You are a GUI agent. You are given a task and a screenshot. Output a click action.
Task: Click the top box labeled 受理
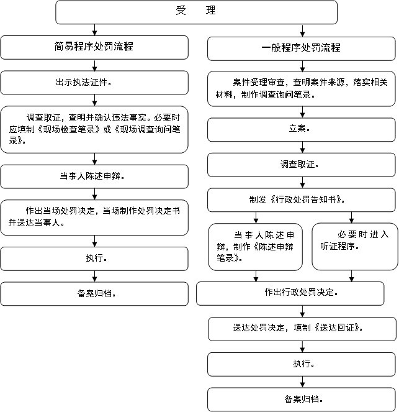point(196,12)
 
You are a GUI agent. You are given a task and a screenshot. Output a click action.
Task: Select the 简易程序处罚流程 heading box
point(94,48)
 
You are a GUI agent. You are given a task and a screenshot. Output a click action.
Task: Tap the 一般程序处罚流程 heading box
point(302,48)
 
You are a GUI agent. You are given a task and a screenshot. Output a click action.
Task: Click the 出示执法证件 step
point(94,83)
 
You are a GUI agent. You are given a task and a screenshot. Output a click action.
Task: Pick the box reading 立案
point(302,130)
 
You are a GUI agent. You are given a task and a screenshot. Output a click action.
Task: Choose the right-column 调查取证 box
point(302,165)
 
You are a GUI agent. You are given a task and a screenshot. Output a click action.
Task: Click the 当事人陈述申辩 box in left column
point(94,176)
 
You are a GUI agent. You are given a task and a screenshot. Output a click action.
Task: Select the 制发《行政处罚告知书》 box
point(302,200)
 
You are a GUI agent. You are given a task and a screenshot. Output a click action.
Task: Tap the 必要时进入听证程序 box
point(355,247)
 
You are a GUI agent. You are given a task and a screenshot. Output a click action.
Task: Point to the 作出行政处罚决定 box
point(290,293)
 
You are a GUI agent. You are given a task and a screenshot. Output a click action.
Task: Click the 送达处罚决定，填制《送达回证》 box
point(302,329)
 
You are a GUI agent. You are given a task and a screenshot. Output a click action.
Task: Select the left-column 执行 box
point(94,259)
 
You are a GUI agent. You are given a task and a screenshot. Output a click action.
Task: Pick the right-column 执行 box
point(302,364)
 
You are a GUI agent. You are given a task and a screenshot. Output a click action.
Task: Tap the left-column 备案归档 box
point(94,294)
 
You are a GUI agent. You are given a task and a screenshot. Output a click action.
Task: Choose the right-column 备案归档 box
point(302,400)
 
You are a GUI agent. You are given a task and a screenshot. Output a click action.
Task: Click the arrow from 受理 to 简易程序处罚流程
point(95,30)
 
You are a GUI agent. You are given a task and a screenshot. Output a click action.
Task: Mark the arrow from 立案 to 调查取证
point(302,147)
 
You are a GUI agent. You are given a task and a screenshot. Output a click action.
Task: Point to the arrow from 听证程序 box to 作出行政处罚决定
point(351,276)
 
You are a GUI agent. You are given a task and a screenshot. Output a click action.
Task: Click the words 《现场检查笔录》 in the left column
point(69,129)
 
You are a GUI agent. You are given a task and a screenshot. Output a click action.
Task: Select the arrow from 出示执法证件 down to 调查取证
point(95,100)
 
